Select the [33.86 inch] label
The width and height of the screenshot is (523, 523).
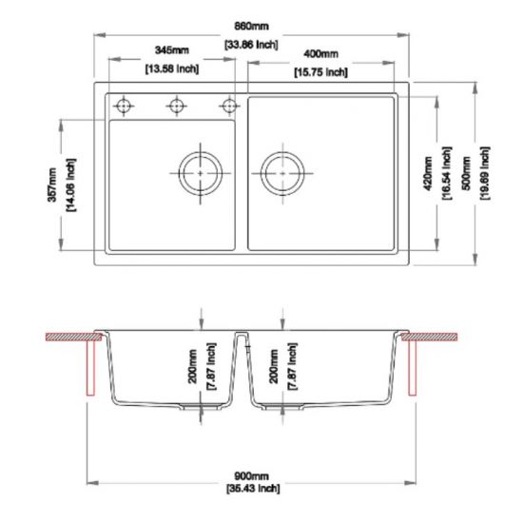252,45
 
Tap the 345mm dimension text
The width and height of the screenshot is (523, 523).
171,49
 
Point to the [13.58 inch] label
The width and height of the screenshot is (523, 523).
171,68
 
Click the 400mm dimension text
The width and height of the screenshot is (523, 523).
320,53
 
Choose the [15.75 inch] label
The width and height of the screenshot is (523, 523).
320,72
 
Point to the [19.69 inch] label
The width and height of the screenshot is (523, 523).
485,171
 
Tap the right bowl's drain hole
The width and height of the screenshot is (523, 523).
282,173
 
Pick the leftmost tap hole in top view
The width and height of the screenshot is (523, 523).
123,106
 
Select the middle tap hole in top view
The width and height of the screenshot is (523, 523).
176,106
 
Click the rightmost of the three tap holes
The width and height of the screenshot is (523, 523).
228,106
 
